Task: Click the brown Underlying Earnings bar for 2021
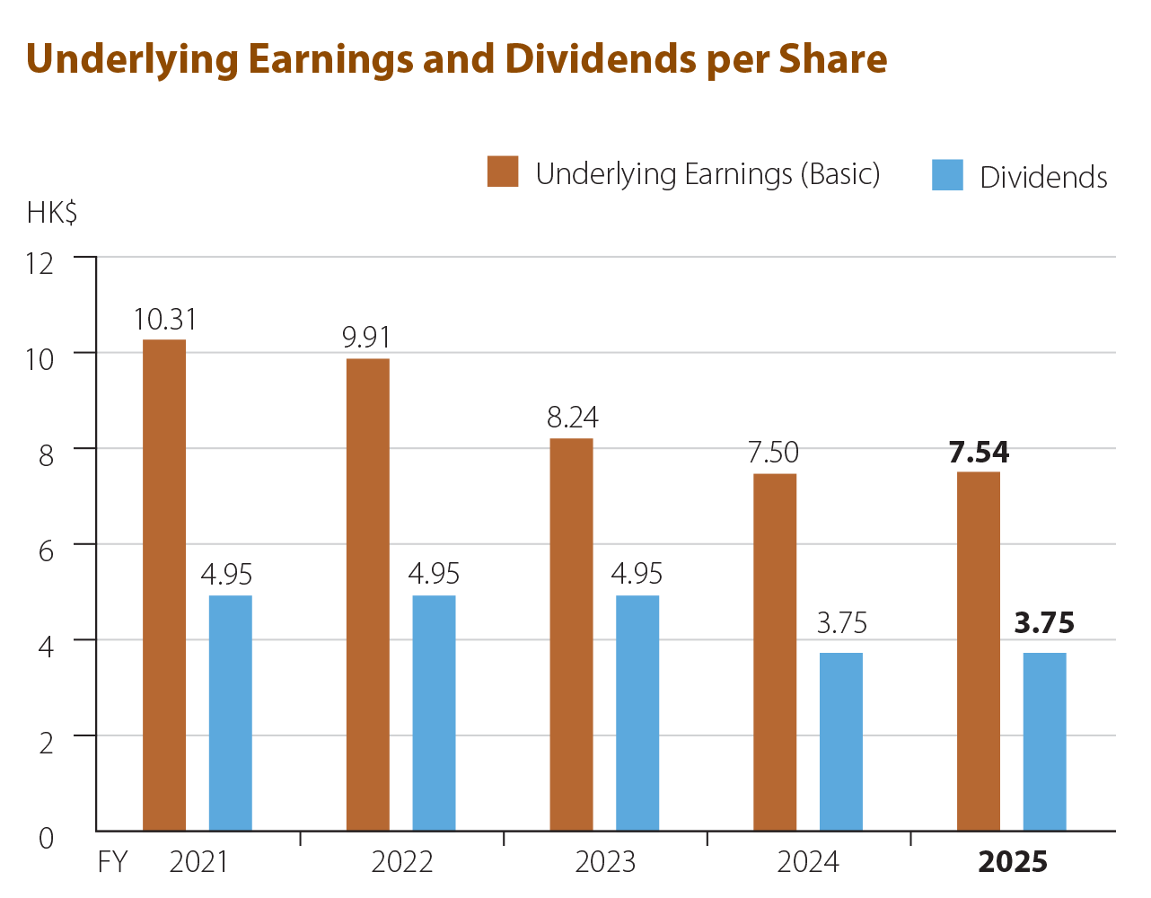click(165, 584)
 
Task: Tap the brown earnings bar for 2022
click(368, 594)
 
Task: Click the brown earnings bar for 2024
click(775, 651)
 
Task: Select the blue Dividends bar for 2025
click(1044, 741)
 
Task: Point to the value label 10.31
click(165, 320)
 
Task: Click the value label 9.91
click(366, 339)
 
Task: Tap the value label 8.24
click(572, 418)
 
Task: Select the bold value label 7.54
click(979, 453)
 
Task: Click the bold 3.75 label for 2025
click(1044, 623)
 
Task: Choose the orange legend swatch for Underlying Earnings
click(503, 172)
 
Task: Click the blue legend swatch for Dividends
click(947, 175)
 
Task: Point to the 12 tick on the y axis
click(41, 263)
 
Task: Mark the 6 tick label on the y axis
click(46, 550)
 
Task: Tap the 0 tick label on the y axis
click(46, 838)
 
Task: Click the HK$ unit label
click(52, 214)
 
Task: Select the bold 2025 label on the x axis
click(1013, 863)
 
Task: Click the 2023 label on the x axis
click(605, 863)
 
